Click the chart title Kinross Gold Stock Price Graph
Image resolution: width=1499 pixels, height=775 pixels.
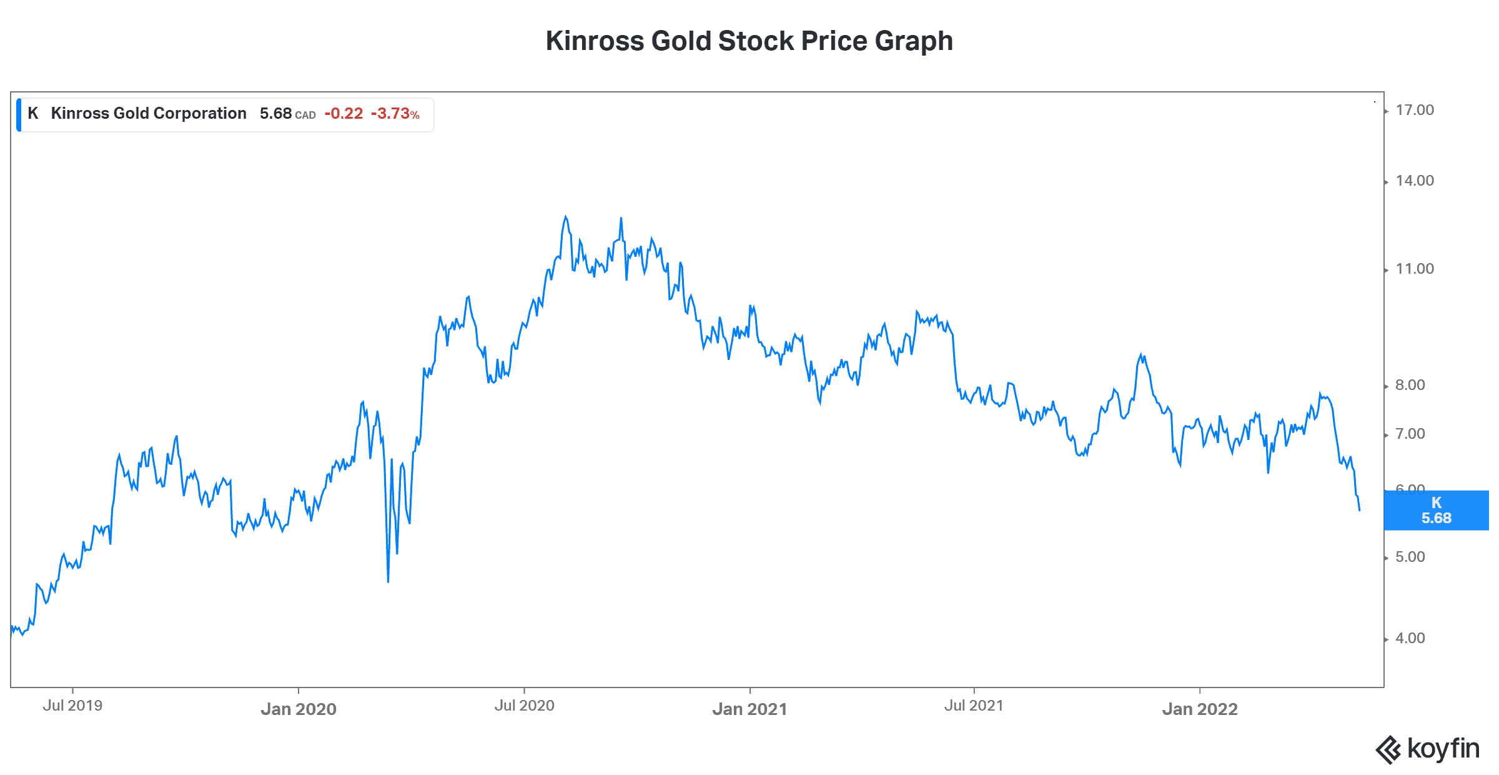click(749, 41)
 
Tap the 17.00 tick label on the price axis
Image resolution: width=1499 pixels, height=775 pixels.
click(1414, 111)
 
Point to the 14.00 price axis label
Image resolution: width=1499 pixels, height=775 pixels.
click(1414, 181)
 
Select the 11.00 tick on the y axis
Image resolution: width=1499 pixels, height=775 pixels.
click(1414, 269)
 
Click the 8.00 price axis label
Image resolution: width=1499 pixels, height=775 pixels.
click(1410, 386)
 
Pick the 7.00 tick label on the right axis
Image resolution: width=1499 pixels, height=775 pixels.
click(1410, 434)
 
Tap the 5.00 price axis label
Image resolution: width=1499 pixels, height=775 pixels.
click(1410, 557)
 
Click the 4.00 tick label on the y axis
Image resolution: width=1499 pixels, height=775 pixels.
click(1410, 639)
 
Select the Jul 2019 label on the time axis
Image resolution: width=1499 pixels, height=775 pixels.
click(72, 706)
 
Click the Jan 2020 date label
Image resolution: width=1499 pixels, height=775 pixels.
click(299, 709)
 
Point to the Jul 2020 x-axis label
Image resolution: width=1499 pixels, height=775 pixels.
click(524, 706)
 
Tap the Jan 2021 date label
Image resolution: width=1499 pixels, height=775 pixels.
click(749, 709)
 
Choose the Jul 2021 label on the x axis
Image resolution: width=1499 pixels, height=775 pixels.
click(974, 706)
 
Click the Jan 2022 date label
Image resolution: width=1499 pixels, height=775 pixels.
click(1200, 709)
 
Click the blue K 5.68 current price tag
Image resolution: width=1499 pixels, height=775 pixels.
click(1436, 511)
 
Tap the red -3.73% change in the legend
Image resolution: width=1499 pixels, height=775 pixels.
click(395, 114)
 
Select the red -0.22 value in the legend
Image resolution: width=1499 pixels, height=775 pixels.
click(344, 114)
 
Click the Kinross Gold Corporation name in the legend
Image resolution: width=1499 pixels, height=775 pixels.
click(149, 114)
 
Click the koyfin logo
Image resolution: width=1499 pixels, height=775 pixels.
click(1428, 749)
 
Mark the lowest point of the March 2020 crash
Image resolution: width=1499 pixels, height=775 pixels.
click(388, 582)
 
